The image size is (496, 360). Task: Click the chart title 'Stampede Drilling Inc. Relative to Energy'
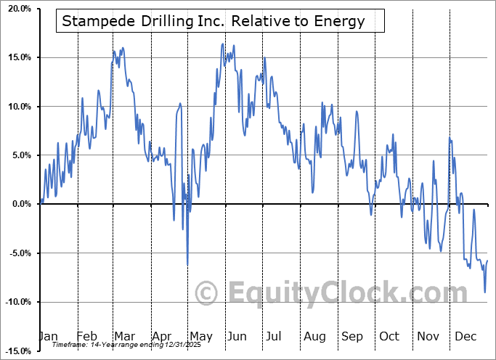point(214,21)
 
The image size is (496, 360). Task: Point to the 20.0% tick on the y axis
point(15,8)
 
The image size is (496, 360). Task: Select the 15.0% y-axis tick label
point(15,57)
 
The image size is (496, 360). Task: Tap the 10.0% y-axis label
point(15,106)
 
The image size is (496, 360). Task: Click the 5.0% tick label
point(17,155)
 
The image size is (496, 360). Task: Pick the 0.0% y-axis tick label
point(17,204)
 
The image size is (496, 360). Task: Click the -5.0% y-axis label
point(16,253)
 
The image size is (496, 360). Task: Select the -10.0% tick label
point(15,302)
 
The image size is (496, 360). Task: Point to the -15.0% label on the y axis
point(15,351)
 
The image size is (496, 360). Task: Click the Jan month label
point(47,336)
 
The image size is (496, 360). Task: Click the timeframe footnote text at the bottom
point(138,345)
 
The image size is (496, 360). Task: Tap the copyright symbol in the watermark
point(207,293)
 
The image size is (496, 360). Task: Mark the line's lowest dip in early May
point(187,265)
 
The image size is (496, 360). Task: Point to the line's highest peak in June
point(222,44)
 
